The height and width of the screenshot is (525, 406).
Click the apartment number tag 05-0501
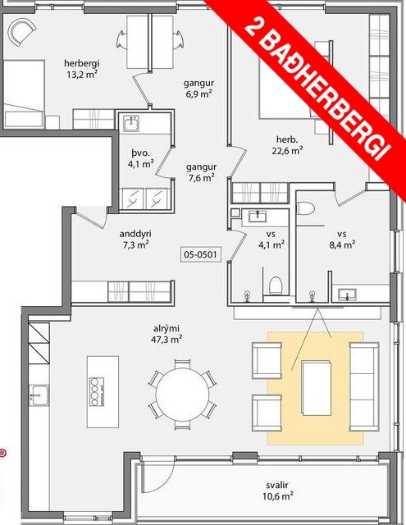click(x=201, y=254)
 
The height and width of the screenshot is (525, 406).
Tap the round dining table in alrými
click(x=182, y=393)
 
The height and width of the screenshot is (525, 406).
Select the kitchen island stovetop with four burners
click(x=97, y=391)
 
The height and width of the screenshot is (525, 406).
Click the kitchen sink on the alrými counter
click(x=39, y=395)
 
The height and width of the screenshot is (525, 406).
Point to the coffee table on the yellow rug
click(x=317, y=388)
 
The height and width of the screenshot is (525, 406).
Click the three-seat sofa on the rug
click(x=364, y=386)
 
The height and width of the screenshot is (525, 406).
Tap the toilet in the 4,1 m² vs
click(x=276, y=286)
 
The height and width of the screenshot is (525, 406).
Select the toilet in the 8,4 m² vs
click(x=306, y=208)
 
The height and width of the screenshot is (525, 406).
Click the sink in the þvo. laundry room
click(x=130, y=124)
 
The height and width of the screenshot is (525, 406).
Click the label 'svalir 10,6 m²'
click(x=277, y=491)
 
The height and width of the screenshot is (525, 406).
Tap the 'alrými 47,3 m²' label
click(x=167, y=334)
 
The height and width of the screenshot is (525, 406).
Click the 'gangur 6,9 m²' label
click(x=198, y=89)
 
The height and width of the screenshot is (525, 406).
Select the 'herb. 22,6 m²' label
click(x=287, y=144)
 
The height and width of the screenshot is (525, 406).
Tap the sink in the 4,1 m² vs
click(x=258, y=217)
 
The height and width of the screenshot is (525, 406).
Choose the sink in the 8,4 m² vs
click(x=347, y=294)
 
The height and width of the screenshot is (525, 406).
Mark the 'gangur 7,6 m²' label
click(x=201, y=172)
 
